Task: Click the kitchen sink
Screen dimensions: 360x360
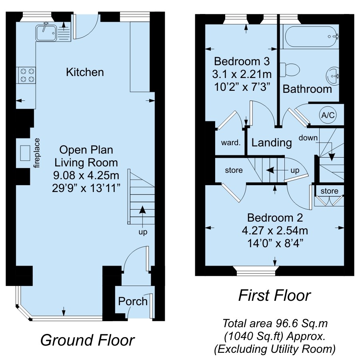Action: [x=46, y=33]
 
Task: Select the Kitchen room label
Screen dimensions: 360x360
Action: [x=85, y=72]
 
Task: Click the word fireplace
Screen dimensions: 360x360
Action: [x=37, y=153]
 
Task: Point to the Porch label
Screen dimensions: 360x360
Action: [x=133, y=301]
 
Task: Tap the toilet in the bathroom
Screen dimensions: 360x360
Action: [x=290, y=70]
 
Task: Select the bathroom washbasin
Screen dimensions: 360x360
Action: [x=333, y=76]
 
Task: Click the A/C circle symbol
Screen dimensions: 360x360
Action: [x=328, y=115]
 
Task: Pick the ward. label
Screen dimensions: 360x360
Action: [x=231, y=142]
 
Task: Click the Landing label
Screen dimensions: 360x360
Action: [x=272, y=142]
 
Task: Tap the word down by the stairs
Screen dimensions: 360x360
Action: [x=308, y=138]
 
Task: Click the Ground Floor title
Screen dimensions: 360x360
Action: [x=88, y=340]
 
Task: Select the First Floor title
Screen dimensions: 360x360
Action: [x=274, y=295]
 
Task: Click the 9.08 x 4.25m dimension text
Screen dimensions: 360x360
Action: [x=86, y=176]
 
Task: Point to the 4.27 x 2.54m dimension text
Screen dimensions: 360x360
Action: [x=275, y=230]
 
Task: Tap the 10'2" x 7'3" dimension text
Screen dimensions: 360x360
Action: [x=242, y=87]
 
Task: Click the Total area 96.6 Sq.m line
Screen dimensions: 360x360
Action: [x=275, y=324]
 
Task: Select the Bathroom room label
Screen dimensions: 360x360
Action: [x=307, y=89]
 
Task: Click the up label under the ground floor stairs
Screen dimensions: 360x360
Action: [x=143, y=232]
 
